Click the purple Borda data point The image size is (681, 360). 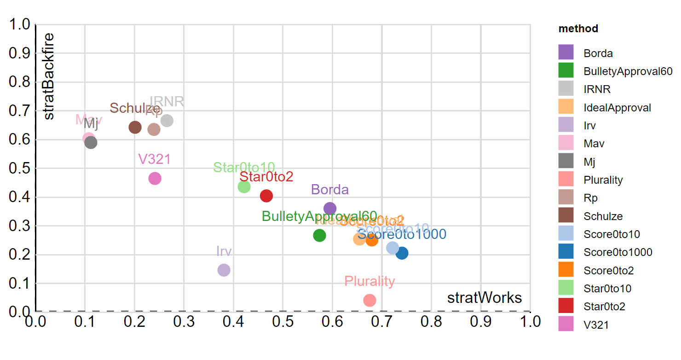330,209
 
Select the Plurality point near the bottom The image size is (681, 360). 369,300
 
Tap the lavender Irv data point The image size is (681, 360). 224,270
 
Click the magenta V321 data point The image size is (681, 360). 155,179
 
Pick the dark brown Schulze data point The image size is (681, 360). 135,127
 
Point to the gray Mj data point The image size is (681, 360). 91,142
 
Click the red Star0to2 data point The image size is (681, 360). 266,196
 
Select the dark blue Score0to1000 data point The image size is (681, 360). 402,253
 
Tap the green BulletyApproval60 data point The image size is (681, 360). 319,235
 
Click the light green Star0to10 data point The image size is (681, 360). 244,186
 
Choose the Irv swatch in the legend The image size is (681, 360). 566,126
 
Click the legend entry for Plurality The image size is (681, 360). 603,180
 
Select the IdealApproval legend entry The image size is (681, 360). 617,108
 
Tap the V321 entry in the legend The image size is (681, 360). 596,325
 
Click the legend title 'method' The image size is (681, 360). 578,29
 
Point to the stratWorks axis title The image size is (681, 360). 485,298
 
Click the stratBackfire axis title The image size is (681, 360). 48,76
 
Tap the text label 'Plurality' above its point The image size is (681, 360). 369,281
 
